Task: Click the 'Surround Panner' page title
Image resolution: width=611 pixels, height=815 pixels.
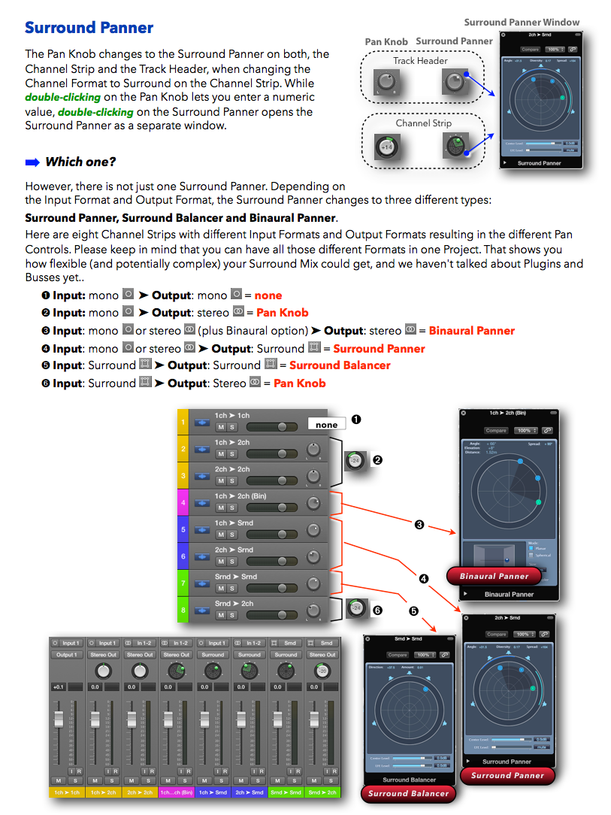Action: pyautogui.click(x=89, y=28)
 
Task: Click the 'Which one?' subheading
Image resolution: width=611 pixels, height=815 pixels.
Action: pyautogui.click(x=80, y=162)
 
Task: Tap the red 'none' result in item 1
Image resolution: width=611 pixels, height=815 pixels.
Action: pyautogui.click(x=268, y=295)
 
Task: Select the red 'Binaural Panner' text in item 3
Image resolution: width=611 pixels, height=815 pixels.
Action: pyautogui.click(x=472, y=331)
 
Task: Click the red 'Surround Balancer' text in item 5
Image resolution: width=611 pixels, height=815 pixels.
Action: pyautogui.click(x=340, y=365)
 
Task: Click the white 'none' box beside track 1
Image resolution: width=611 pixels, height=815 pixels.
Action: pyautogui.click(x=326, y=425)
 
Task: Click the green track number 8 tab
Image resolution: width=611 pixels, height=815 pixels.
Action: pyautogui.click(x=182, y=610)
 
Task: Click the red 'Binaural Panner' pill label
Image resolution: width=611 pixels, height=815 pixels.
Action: pyautogui.click(x=494, y=577)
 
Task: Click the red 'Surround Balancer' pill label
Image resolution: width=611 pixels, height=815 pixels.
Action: pyautogui.click(x=408, y=793)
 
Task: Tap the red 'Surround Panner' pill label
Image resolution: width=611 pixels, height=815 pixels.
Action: pyautogui.click(x=507, y=775)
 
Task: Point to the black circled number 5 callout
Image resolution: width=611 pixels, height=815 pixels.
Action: pyautogui.click(x=413, y=611)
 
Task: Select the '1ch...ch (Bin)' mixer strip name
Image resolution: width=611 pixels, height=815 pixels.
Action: pyautogui.click(x=177, y=792)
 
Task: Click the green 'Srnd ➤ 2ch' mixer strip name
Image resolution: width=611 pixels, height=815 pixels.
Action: pyautogui.click(x=322, y=792)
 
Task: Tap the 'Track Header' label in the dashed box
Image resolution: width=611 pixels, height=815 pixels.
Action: pyautogui.click(x=420, y=61)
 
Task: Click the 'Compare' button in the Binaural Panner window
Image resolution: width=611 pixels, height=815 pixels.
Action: pyautogui.click(x=496, y=431)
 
